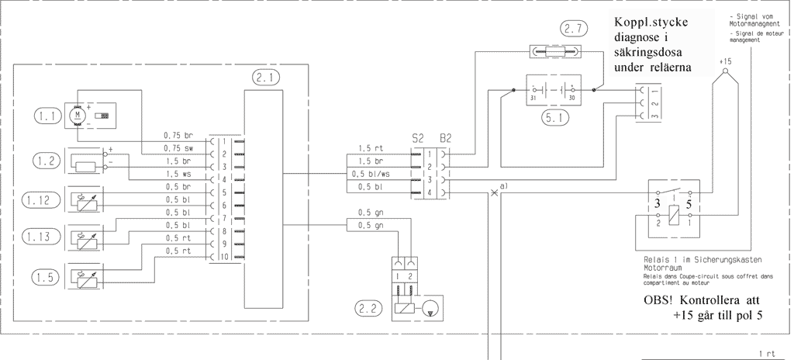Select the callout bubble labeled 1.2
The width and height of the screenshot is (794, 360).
click(x=47, y=161)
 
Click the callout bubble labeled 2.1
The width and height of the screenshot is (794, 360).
click(x=266, y=77)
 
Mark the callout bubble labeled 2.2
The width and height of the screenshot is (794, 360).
click(x=368, y=308)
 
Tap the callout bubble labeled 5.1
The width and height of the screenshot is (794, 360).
click(x=554, y=119)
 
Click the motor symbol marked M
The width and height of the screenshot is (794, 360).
click(x=77, y=115)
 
